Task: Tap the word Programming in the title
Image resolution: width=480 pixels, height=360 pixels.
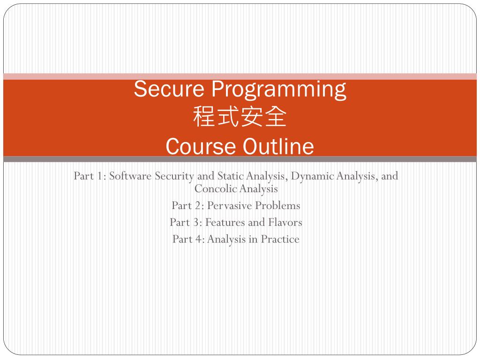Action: pos(279,90)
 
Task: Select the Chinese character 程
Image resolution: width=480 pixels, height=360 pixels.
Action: pos(204,116)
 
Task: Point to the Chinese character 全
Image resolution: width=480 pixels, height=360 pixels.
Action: pos(276,116)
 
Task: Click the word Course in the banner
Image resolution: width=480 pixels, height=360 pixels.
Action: pos(201,146)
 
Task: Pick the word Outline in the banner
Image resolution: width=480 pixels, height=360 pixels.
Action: pos(278,146)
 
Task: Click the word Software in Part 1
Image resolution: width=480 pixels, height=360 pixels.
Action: pos(130,176)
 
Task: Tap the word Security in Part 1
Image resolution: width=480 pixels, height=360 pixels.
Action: pos(174,176)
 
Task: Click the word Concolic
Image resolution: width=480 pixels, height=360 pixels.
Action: pos(216,188)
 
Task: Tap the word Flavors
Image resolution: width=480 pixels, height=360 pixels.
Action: pos(285,222)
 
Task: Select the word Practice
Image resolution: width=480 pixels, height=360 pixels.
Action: pos(280,239)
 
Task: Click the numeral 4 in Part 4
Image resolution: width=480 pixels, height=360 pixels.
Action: pos(198,239)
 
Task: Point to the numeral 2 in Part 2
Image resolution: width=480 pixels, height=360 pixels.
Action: pos(197,205)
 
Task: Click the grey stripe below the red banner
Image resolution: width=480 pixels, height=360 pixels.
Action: pos(240,159)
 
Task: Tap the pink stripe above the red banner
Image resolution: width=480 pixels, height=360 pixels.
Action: pos(240,76)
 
